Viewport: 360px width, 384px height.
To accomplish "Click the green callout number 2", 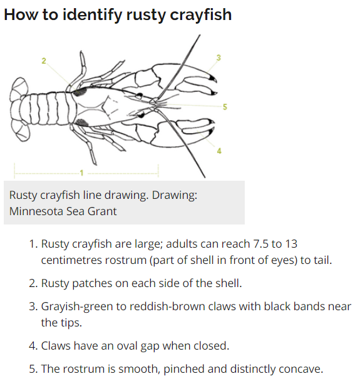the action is [x=44, y=61].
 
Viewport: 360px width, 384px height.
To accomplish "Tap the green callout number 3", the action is [x=219, y=58].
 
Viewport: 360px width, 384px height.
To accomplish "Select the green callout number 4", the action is [x=219, y=151].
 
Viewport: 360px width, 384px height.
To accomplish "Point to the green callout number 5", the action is [x=225, y=107].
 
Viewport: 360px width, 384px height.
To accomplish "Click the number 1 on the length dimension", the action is [x=81, y=173].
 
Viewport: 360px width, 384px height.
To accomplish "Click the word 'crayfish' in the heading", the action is [x=200, y=14].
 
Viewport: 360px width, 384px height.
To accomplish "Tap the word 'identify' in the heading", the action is [x=92, y=14].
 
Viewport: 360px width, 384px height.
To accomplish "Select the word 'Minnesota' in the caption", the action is [x=36, y=211].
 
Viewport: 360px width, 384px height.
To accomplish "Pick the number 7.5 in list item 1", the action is [x=261, y=244].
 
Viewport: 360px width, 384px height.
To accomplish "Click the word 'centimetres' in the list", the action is [x=71, y=260].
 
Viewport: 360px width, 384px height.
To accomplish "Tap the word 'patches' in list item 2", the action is [x=92, y=283].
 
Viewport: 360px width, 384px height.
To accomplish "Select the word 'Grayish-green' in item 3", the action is [x=77, y=307].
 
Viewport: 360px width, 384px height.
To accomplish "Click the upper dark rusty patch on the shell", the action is [x=80, y=92].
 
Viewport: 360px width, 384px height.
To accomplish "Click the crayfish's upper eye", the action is [x=139, y=94].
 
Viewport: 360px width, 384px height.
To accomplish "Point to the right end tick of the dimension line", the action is [x=158, y=171].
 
